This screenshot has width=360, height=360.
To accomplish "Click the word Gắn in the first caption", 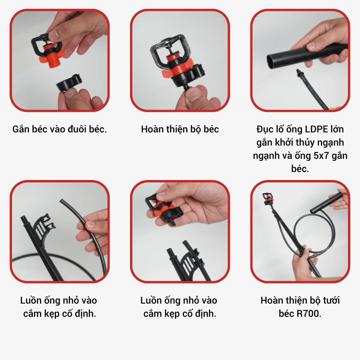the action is [21, 129].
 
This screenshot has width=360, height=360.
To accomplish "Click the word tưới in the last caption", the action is [331, 300].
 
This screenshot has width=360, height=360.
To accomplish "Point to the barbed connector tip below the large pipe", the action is [298, 72].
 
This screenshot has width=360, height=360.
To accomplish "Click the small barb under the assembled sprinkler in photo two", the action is [186, 87].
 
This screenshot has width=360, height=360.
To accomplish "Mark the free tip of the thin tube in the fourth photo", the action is [61, 201].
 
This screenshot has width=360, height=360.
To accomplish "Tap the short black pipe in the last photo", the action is [326, 203].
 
